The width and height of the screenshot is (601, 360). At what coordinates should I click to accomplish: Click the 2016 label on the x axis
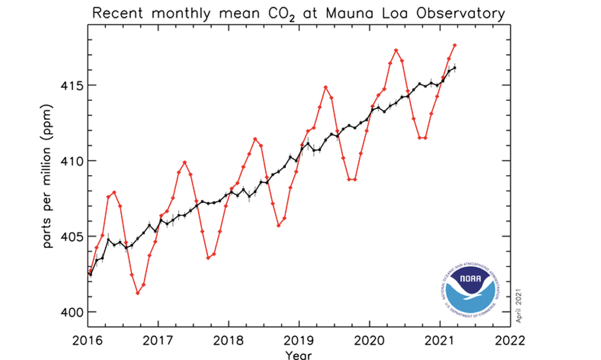(x=88, y=341)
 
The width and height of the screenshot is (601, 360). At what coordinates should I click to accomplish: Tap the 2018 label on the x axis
(x=229, y=341)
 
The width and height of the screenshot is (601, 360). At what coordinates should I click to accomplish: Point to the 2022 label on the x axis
(x=510, y=341)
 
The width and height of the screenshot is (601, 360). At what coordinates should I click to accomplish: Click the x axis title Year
(x=298, y=355)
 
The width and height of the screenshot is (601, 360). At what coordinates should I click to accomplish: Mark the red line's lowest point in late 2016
(x=138, y=293)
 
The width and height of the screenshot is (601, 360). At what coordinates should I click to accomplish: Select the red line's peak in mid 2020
(x=396, y=50)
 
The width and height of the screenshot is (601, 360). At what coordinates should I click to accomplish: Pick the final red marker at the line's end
(x=455, y=45)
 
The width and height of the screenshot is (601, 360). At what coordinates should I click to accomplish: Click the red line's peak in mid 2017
(x=185, y=163)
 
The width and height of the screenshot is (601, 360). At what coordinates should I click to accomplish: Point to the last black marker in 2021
(x=455, y=67)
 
